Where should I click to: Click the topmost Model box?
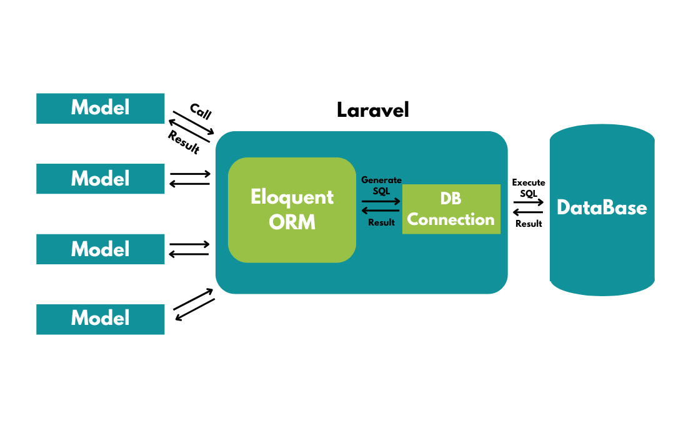click(x=100, y=108)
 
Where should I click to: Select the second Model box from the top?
click(x=100, y=179)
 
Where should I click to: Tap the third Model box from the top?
click(x=100, y=249)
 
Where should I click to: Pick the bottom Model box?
click(x=100, y=319)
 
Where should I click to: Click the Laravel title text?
click(x=372, y=110)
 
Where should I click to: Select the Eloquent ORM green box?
click(x=292, y=209)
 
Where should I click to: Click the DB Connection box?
click(x=451, y=209)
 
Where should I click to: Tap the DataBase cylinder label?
click(x=602, y=207)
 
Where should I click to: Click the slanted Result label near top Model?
click(x=184, y=142)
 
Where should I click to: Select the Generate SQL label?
click(x=381, y=185)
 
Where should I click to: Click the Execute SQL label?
click(x=529, y=187)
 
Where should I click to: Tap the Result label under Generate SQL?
click(x=381, y=222)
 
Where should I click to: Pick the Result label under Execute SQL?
click(x=529, y=223)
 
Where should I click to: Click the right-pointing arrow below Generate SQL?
click(x=380, y=201)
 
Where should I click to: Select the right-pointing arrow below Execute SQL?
click(x=529, y=202)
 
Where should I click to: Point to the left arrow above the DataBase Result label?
click(x=529, y=212)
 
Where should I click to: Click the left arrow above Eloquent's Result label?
click(x=380, y=211)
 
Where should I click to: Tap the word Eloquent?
click(x=292, y=197)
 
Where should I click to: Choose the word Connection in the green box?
click(x=451, y=220)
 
